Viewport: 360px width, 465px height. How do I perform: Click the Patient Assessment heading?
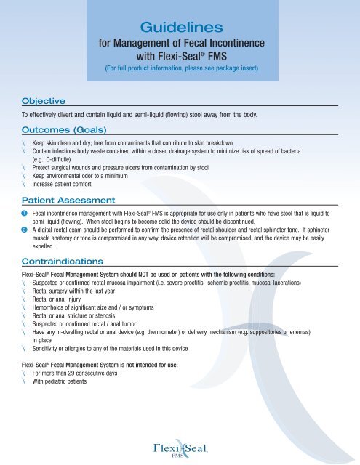click(x=71, y=200)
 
